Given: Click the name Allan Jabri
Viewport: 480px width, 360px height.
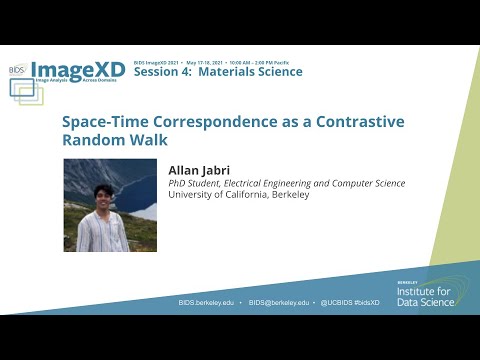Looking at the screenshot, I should pyautogui.click(x=201, y=171).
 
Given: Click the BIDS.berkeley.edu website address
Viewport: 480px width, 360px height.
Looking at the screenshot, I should pyautogui.click(x=208, y=302).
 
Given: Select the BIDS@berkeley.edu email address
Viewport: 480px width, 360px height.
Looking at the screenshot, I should pyautogui.click(x=281, y=302).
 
